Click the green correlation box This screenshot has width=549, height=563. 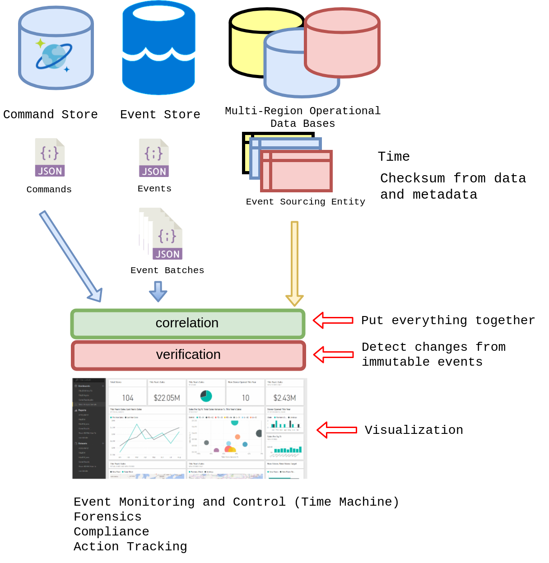coord(188,324)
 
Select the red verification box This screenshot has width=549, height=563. coord(189,355)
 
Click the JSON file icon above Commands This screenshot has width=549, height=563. coord(50,158)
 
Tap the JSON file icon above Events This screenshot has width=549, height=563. coord(154,158)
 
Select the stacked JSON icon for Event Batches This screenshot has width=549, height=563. coord(163,234)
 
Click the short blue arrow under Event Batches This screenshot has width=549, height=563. coord(158,291)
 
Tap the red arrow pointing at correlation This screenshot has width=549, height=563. coord(333,320)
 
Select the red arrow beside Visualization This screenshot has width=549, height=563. coord(337,430)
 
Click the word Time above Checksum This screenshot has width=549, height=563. coord(394,157)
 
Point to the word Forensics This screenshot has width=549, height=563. coord(107,517)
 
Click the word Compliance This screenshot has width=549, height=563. coord(111,532)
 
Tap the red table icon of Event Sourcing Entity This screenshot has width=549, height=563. coord(297,171)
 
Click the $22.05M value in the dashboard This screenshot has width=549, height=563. coord(167,398)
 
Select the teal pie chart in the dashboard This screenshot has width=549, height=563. coord(206,396)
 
